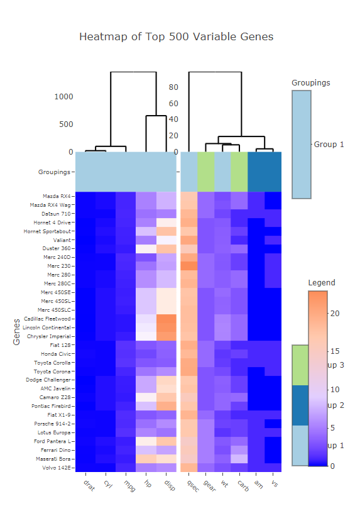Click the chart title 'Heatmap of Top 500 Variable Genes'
(x=176, y=36)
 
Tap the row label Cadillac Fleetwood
(x=48, y=319)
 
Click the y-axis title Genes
(x=17, y=331)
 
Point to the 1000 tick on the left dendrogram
(x=63, y=97)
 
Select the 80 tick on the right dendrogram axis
(x=173, y=87)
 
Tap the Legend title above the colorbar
(x=322, y=283)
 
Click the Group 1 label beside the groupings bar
(x=329, y=145)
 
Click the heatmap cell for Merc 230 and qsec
(x=189, y=266)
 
